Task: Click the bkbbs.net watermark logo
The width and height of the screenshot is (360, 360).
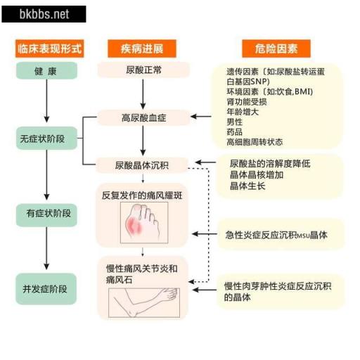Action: pyautogui.click(x=44, y=14)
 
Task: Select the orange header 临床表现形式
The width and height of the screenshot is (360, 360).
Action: pyautogui.click(x=49, y=49)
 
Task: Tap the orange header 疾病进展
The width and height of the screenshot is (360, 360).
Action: pyautogui.click(x=142, y=49)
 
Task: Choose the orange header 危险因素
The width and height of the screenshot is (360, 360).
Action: pyautogui.click(x=276, y=49)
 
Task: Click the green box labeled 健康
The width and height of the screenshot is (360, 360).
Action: pyautogui.click(x=46, y=70)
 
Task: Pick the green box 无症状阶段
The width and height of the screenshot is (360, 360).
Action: pyautogui.click(x=46, y=139)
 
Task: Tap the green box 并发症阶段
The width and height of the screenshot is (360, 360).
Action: pyautogui.click(x=46, y=289)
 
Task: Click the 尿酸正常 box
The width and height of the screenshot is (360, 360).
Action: pyautogui.click(x=143, y=70)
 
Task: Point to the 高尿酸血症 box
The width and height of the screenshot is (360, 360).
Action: pyautogui.click(x=143, y=117)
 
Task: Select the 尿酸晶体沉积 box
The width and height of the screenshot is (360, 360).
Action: pyautogui.click(x=142, y=165)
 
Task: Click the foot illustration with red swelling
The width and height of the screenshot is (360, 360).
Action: pyautogui.click(x=144, y=223)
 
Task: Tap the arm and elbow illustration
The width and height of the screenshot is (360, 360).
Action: pyautogui.click(x=144, y=302)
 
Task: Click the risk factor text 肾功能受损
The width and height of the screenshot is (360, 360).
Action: pyautogui.click(x=247, y=102)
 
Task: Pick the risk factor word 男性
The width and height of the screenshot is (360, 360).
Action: pyautogui.click(x=234, y=122)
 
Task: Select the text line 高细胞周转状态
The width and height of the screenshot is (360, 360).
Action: pyautogui.click(x=255, y=142)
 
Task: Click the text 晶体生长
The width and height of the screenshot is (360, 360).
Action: pyautogui.click(x=247, y=186)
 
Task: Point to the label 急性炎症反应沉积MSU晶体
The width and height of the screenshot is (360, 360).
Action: pyautogui.click(x=276, y=235)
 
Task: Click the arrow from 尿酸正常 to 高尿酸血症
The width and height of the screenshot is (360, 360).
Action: pyautogui.click(x=143, y=94)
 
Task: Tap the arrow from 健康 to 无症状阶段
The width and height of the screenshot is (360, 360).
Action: pyautogui.click(x=46, y=101)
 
